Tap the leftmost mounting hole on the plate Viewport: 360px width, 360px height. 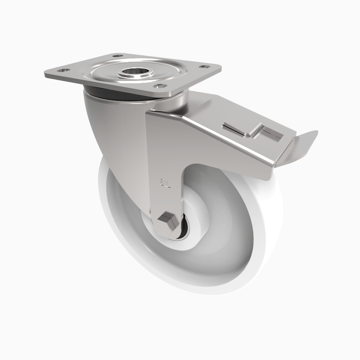click(x=63, y=71)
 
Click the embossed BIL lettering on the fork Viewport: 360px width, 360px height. click(x=165, y=183)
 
